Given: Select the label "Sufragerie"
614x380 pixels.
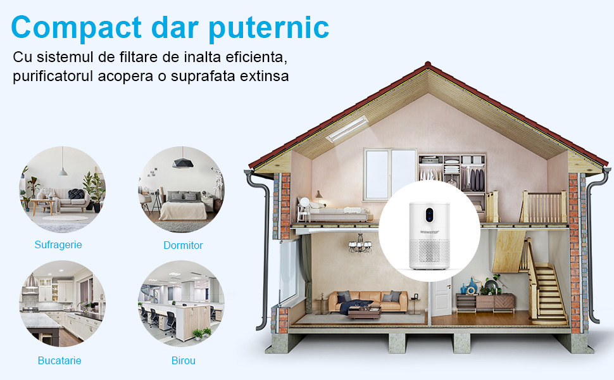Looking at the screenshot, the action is click(x=58, y=245).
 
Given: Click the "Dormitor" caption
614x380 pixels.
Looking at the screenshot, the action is click(x=183, y=245).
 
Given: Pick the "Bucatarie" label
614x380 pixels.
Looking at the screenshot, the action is click(x=60, y=360).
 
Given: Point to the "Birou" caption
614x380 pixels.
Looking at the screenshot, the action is click(x=184, y=360).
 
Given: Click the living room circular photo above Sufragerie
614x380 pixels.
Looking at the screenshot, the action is click(x=62, y=189).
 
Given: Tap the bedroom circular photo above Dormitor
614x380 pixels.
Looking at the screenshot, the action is click(x=181, y=189).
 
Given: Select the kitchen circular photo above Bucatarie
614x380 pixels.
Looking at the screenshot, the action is click(x=62, y=303).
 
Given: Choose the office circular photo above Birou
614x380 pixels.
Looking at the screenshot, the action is click(x=181, y=303).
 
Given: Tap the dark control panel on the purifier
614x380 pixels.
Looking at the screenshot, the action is click(x=429, y=215).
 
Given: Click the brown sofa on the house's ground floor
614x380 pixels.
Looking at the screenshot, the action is click(x=368, y=301).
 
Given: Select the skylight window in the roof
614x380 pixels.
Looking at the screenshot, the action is click(x=347, y=129).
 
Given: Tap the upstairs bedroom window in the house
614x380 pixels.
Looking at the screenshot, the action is click(x=390, y=174).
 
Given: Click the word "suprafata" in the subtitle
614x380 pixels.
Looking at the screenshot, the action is click(x=203, y=76).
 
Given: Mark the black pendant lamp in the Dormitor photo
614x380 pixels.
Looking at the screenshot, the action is click(x=182, y=162).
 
